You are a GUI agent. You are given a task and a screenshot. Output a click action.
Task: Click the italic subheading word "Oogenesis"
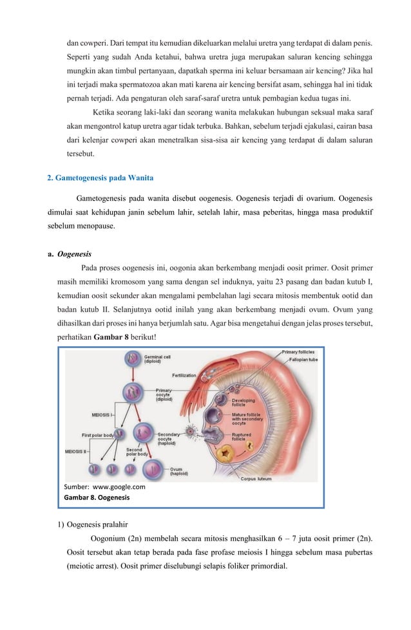click(x=74, y=254)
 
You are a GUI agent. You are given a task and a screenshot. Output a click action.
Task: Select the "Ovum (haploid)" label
click(x=181, y=471)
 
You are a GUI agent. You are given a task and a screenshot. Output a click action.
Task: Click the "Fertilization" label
click(x=184, y=375)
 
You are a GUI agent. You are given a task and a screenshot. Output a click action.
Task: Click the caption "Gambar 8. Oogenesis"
click(x=97, y=498)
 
